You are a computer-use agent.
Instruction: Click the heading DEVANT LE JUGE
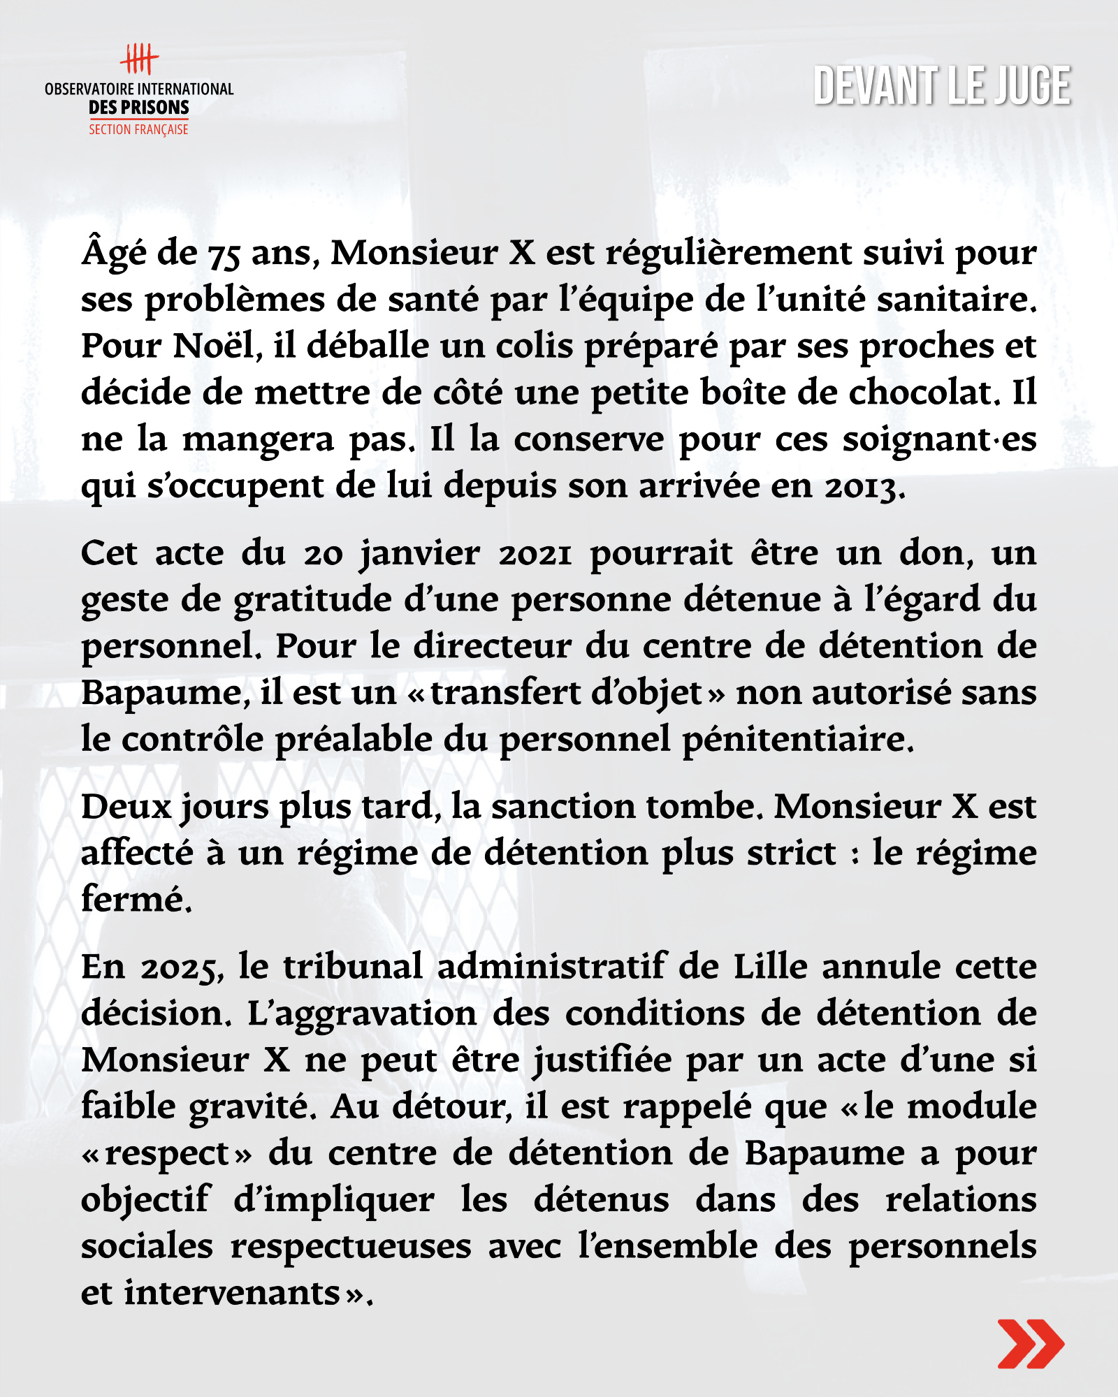tap(941, 86)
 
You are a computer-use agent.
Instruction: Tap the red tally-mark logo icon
tap(139, 59)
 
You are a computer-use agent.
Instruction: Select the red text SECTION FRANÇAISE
tap(138, 129)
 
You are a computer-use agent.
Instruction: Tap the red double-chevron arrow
tap(1030, 1343)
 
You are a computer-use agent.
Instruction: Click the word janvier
tap(419, 554)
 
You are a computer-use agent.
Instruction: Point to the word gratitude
tap(312, 601)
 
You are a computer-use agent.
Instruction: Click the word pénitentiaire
tap(797, 740)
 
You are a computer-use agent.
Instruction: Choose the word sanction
tap(563, 807)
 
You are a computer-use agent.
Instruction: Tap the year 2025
tap(182, 968)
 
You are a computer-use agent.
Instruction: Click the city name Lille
tap(770, 967)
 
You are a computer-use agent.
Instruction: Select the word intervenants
tap(231, 1293)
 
